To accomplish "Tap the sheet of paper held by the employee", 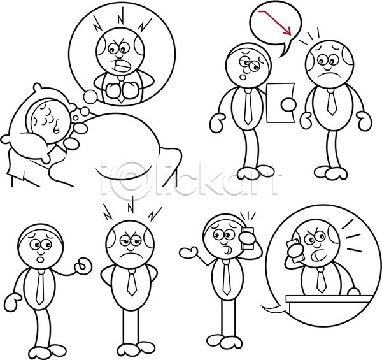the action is click(279, 103).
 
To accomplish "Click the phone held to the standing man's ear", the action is click(248, 238).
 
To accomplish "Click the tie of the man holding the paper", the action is click(248, 106).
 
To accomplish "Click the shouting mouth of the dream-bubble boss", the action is click(122, 66).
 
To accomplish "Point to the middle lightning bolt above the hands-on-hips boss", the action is click(131, 206).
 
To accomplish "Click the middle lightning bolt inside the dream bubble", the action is click(122, 16).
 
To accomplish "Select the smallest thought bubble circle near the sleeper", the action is click(76, 118).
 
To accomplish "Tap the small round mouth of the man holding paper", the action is click(243, 76).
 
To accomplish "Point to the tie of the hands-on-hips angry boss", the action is click(131, 283).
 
